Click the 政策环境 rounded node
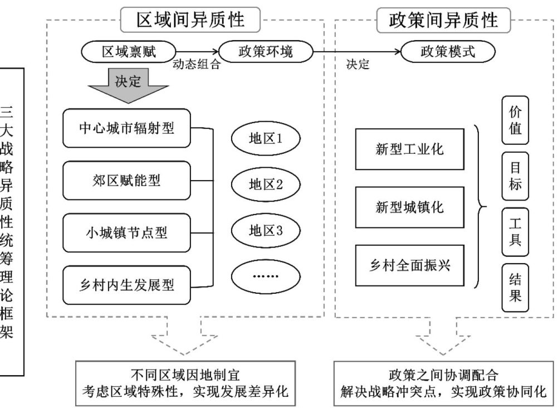(265, 52)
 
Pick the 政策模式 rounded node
(447, 52)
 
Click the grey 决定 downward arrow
(128, 85)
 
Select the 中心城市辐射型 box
(128, 128)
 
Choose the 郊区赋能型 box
(128, 181)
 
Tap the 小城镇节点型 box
(128, 232)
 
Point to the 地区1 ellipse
(266, 138)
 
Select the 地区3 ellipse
(266, 230)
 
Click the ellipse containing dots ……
(266, 276)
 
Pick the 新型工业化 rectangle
(409, 149)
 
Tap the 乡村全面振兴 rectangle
(409, 265)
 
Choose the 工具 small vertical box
(515, 232)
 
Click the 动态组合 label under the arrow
(197, 65)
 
